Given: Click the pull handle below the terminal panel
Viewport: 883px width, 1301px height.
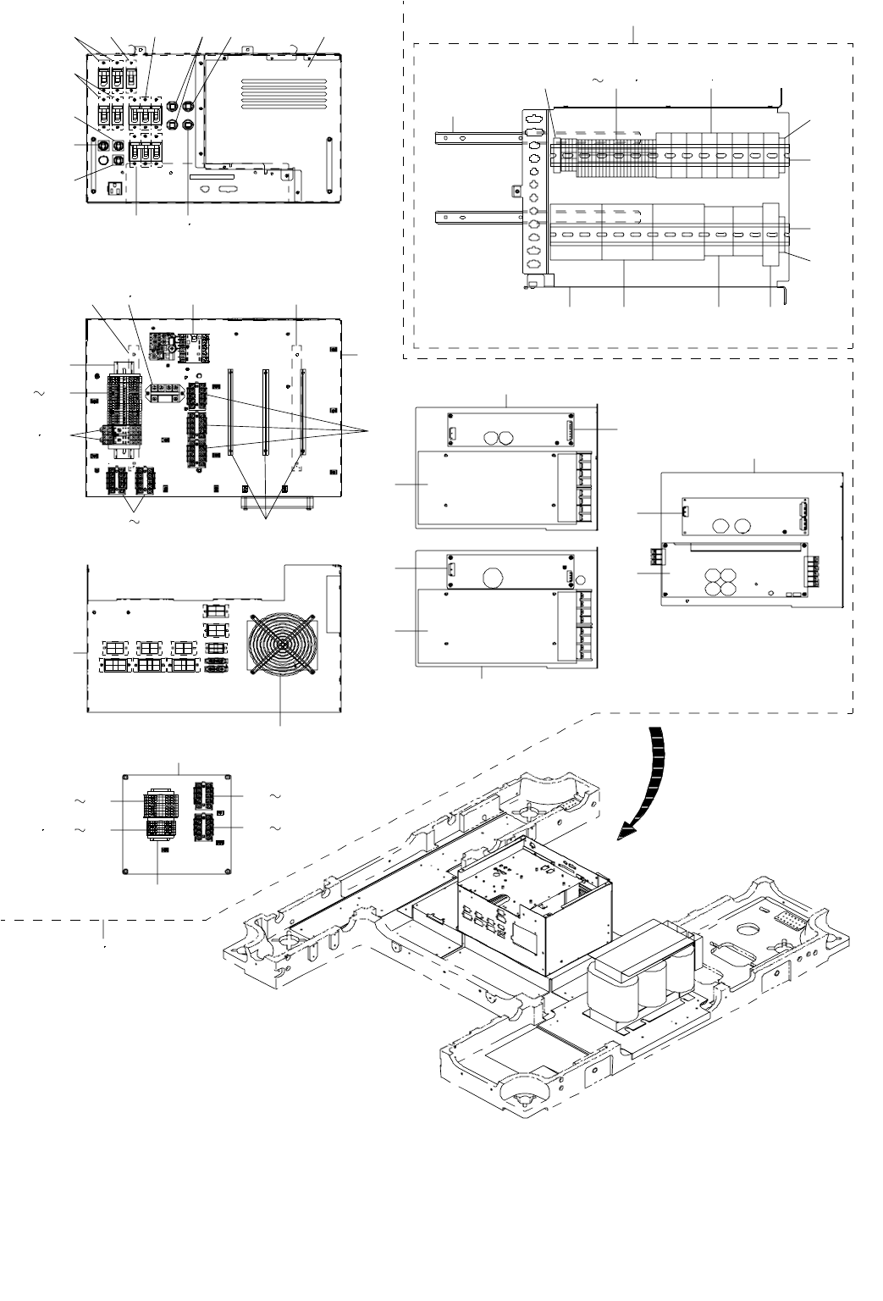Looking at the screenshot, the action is pos(278,506).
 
